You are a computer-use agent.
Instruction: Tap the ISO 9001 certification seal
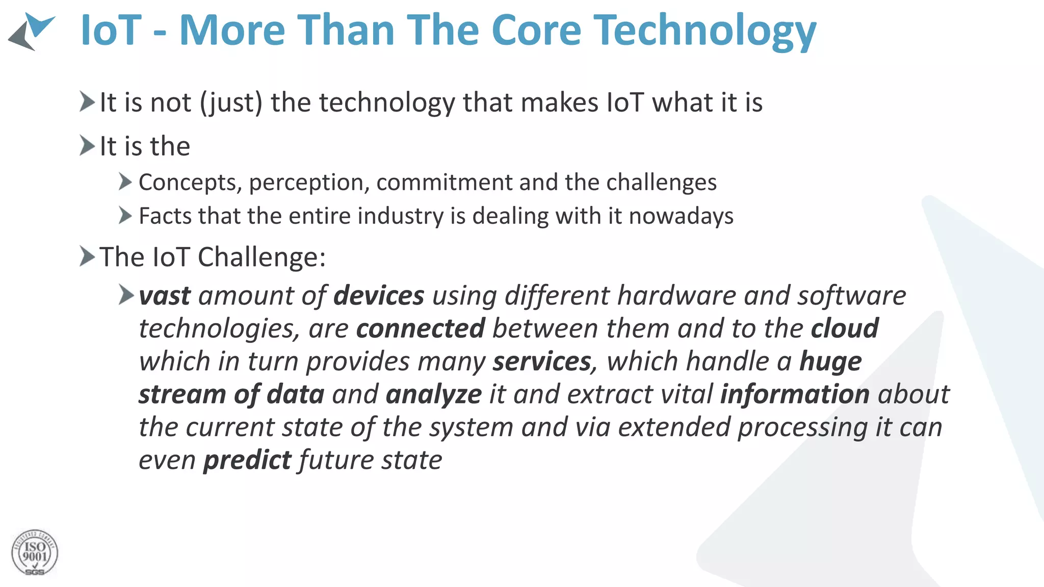point(35,553)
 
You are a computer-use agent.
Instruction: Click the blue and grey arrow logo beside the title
point(32,32)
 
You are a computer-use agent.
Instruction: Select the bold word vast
point(165,296)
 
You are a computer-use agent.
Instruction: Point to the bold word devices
point(379,296)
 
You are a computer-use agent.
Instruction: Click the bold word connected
point(420,329)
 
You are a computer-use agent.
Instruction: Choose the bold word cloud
point(845,329)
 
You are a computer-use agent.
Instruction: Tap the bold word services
point(541,362)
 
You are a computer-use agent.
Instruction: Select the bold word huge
point(830,362)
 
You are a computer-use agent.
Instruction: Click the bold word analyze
point(433,395)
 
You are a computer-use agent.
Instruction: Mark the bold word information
point(795,395)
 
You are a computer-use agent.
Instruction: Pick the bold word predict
point(247,461)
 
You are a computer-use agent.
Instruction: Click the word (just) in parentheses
point(231,103)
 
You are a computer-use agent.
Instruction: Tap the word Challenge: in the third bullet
point(262,257)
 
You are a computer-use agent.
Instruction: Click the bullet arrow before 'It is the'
point(87,146)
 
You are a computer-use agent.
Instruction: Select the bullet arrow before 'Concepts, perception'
point(125,181)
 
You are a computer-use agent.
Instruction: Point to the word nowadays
point(681,216)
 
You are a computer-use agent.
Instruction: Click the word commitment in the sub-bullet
point(444,182)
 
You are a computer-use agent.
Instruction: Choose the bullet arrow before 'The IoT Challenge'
point(87,256)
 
